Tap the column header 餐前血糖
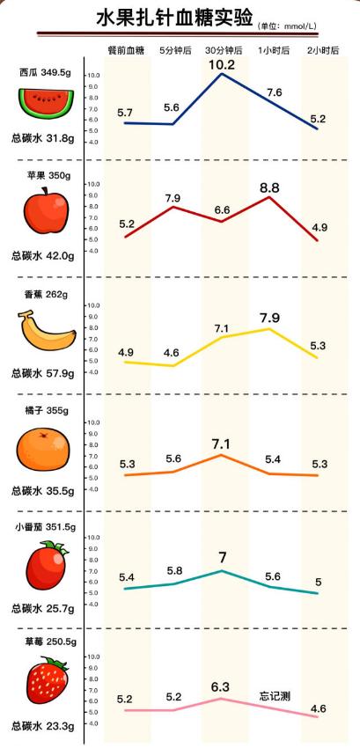pos(124,51)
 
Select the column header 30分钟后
pos(223,51)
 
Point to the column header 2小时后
pos(323,51)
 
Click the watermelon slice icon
pos(43,104)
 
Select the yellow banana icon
pos(47,332)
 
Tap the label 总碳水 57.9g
pos(41,373)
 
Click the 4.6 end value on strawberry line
pos(319,708)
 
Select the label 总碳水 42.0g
pos(41,256)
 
